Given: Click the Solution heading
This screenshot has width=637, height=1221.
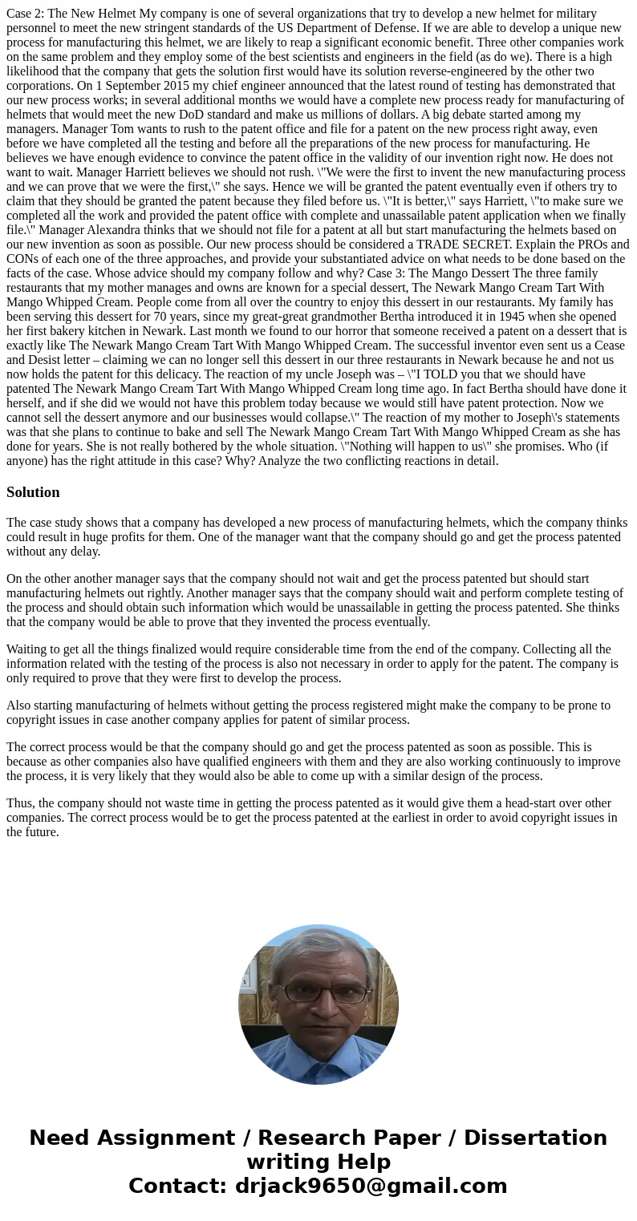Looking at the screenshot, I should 33,492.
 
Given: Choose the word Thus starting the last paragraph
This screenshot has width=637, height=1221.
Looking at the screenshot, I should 20,803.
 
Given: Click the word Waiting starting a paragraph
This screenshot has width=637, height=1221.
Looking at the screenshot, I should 29,649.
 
